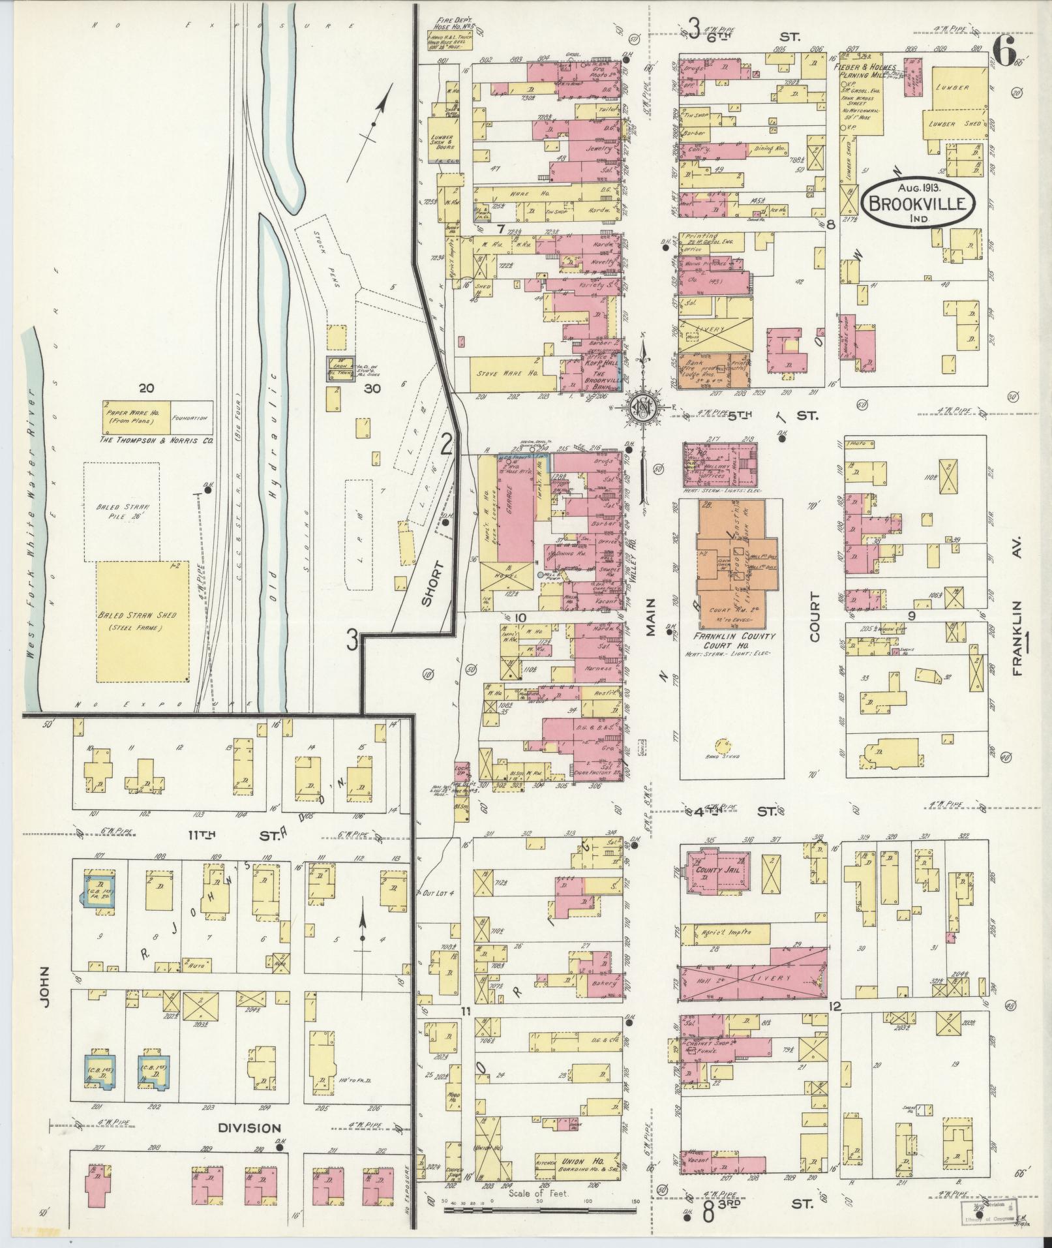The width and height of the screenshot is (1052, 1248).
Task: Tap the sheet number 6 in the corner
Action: [x=1005, y=47]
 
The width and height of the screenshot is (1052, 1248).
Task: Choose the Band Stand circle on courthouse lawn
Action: [x=721, y=745]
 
